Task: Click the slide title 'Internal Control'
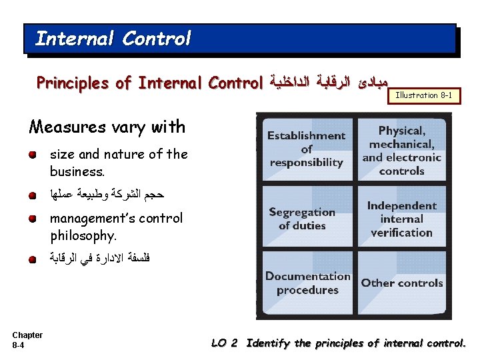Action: pos(113,39)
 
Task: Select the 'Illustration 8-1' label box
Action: pos(424,95)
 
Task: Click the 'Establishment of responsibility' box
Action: pos(306,149)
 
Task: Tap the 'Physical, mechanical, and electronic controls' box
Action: pos(401,149)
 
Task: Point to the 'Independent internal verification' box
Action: pos(401,219)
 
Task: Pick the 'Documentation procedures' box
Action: pos(307,283)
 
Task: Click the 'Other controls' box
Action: pos(401,283)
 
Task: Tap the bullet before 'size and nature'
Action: pos(32,155)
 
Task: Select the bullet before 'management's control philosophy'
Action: pos(32,219)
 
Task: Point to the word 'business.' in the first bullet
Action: pos(77,171)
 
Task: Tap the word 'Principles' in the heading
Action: pos(74,83)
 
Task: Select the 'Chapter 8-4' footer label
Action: pos(27,340)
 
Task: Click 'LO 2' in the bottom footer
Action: pos(224,343)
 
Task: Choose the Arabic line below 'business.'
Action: pos(107,195)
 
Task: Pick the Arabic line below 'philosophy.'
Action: pos(100,259)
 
